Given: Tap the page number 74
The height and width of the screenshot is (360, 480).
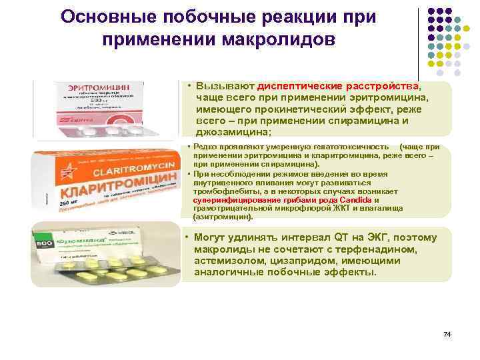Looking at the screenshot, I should click(447, 333).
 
